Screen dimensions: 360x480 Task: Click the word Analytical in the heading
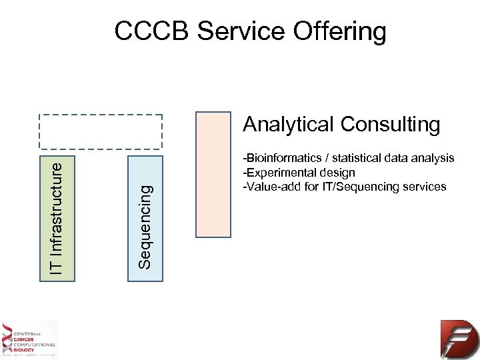[x=288, y=125]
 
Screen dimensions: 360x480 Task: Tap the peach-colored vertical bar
[x=213, y=174]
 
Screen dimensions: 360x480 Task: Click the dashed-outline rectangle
[x=100, y=131]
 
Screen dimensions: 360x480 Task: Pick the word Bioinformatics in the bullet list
[x=284, y=158]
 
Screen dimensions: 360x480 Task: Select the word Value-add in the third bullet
[x=269, y=186]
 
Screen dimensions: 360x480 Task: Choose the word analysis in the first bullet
[x=435, y=158]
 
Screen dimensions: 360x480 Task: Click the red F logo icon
[x=458, y=339]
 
